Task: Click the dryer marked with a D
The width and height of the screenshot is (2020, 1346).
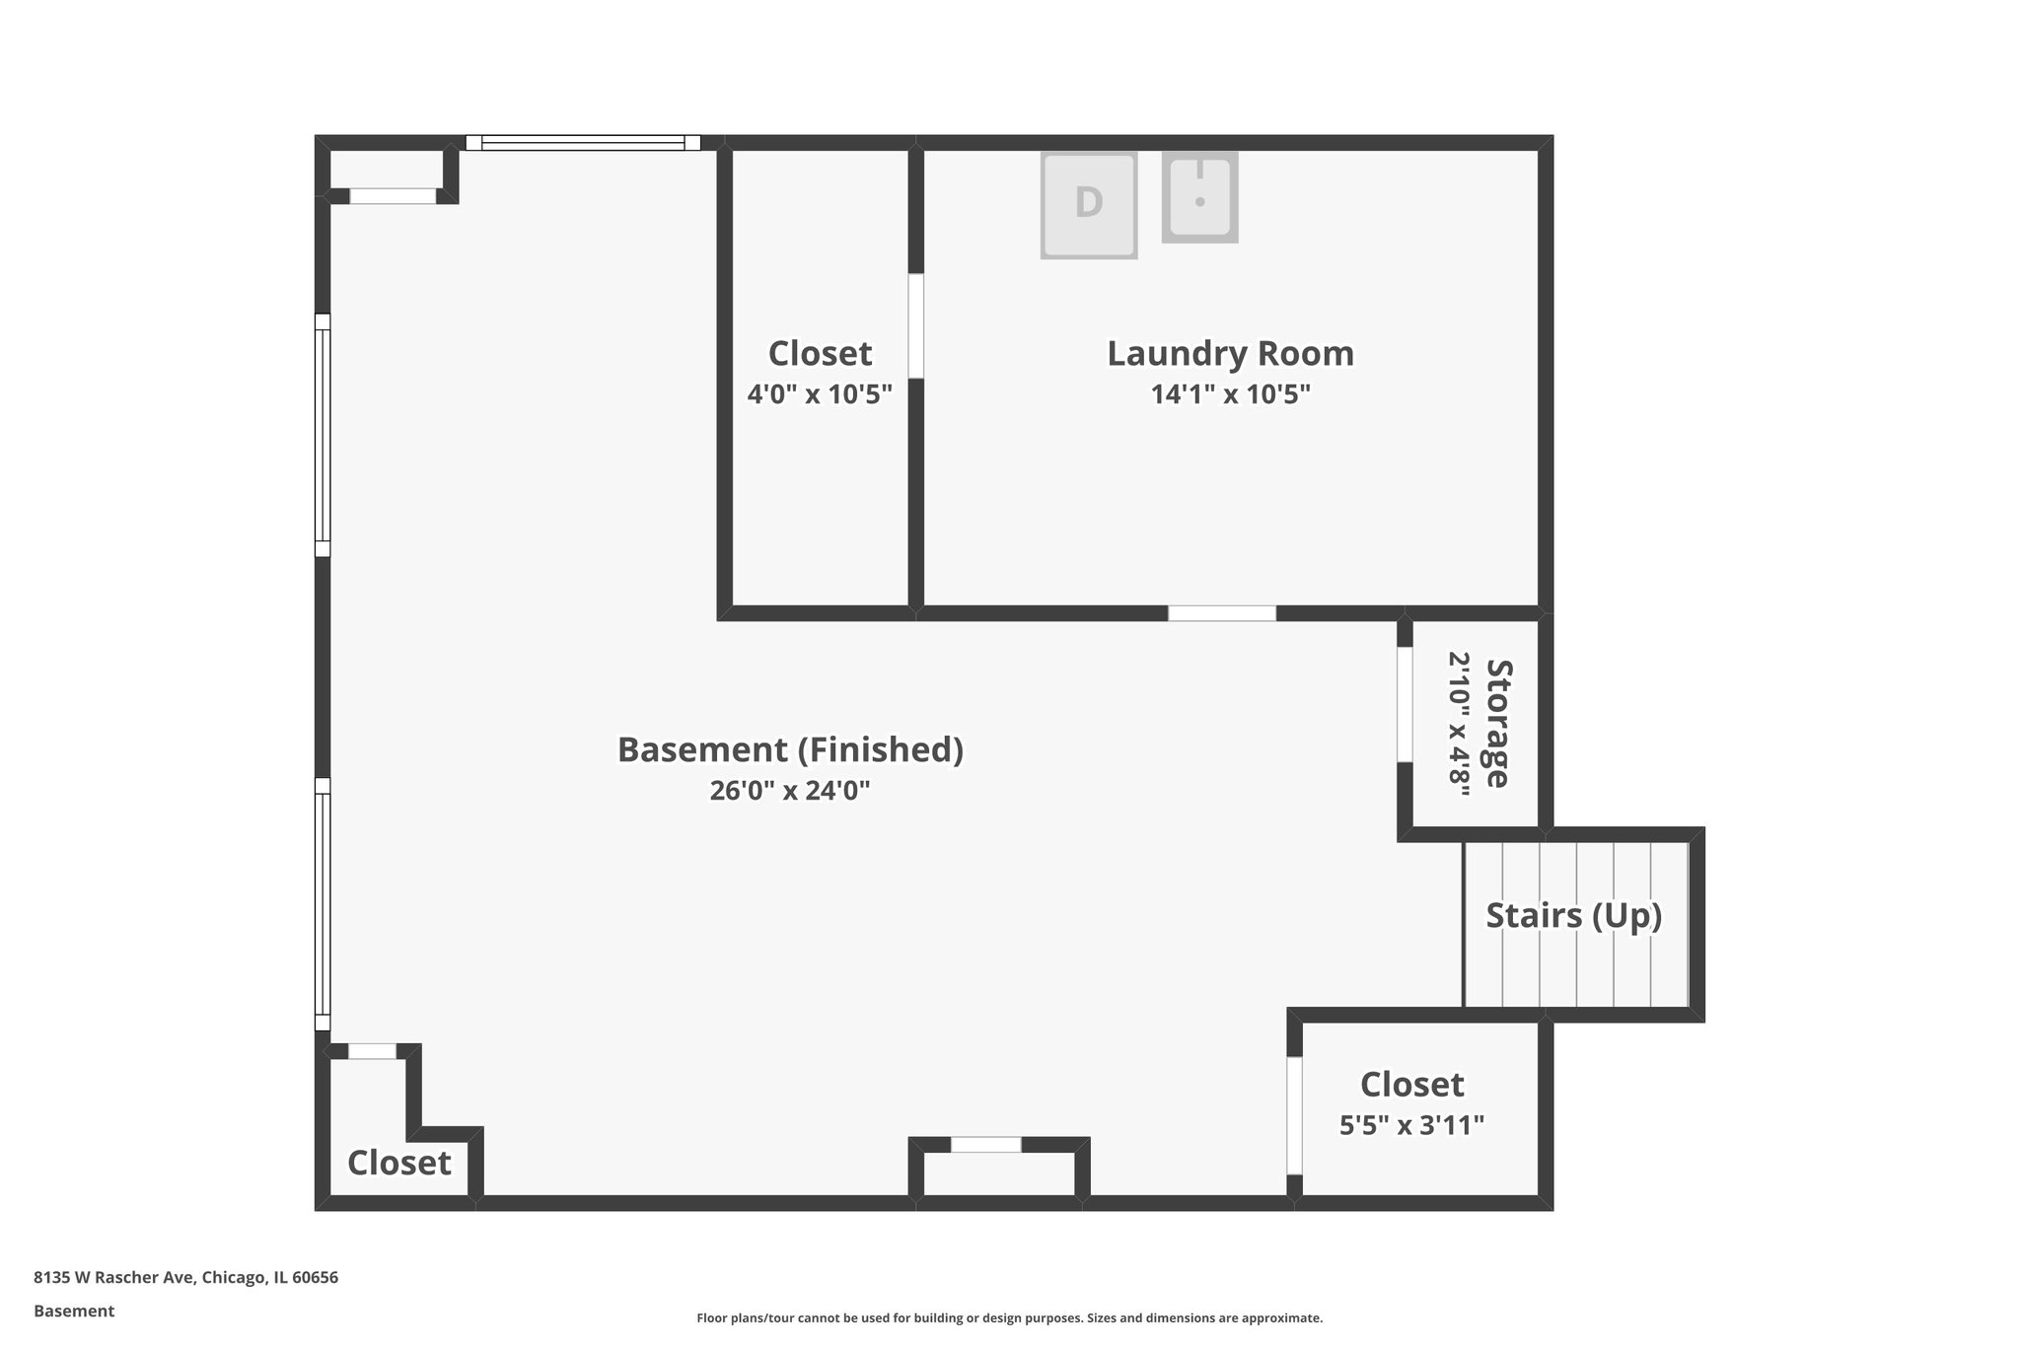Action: click(1088, 204)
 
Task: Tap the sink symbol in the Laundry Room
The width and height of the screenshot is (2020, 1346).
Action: click(1199, 197)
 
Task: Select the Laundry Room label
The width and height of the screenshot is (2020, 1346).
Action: click(1230, 353)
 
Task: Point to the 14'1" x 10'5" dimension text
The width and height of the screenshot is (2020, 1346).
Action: click(1230, 394)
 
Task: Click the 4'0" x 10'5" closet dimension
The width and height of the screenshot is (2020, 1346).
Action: click(820, 394)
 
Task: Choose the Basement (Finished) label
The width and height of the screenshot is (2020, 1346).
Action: click(790, 749)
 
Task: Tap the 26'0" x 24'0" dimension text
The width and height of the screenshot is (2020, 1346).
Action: click(790, 791)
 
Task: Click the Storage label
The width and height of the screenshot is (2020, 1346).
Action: click(1498, 723)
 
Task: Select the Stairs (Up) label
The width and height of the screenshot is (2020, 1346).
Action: click(1573, 915)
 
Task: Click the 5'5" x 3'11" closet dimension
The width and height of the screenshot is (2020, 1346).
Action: click(1411, 1125)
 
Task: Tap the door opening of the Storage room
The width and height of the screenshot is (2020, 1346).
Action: click(1405, 704)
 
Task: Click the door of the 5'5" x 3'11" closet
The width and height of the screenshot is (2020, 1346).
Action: click(1294, 1115)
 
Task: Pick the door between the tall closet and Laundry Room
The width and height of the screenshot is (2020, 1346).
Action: click(916, 326)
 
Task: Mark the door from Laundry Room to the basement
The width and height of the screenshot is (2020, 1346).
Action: click(1221, 613)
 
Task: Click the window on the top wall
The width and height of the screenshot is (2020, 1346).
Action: click(583, 143)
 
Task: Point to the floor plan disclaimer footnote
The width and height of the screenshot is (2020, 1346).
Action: click(1009, 1318)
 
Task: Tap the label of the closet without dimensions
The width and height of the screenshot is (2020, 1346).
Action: click(398, 1163)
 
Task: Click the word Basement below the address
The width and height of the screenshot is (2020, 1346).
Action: click(74, 1311)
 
